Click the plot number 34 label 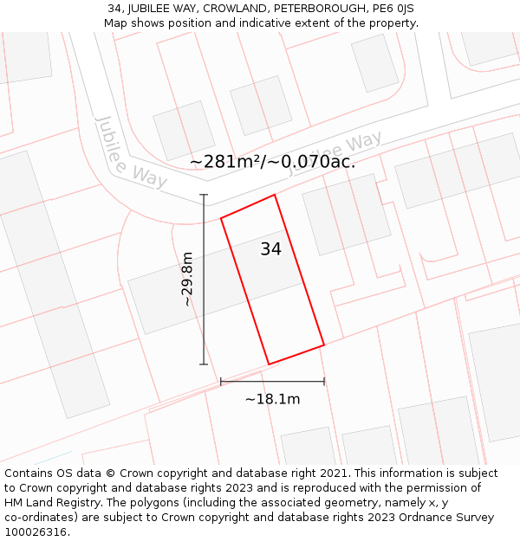click(270, 249)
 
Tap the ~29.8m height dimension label click(187, 280)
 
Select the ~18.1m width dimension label click(272, 399)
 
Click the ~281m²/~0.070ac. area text click(272, 161)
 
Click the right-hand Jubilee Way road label click(336, 153)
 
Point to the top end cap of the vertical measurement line click(205, 195)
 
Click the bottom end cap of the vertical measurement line click(205, 364)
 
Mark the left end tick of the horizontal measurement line click(221, 381)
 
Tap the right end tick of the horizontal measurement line click(324, 381)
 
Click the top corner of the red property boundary click(275, 195)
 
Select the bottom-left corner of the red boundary click(269, 364)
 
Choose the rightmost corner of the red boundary click(324, 345)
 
